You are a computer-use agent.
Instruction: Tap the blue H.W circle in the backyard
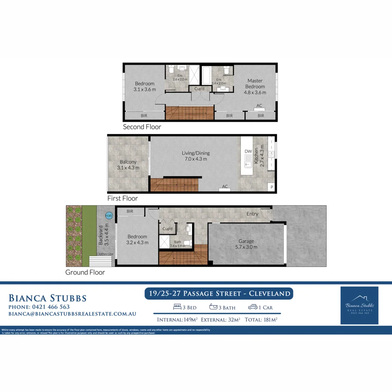pos(109,215)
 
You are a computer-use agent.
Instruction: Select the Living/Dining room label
pos(196,156)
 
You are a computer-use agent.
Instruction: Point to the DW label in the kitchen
pos(248,151)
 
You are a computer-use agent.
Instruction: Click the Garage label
pos(246,244)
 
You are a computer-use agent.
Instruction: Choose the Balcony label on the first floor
pos(128,165)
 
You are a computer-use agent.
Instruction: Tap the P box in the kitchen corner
pos(272,187)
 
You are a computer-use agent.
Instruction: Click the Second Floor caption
pos(142,127)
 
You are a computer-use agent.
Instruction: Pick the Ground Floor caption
pos(85,272)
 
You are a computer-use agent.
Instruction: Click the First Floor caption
pos(122,199)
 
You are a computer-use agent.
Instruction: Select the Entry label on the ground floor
pos(252,214)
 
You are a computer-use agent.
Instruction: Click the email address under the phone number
pos(72,314)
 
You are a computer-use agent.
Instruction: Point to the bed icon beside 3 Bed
pos(177,307)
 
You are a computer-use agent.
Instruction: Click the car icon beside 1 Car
pos(253,307)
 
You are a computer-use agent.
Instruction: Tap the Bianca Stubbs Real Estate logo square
pos(359,305)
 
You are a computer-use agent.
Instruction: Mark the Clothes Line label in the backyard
pos(105,254)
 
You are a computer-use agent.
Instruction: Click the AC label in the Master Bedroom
pos(259,106)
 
